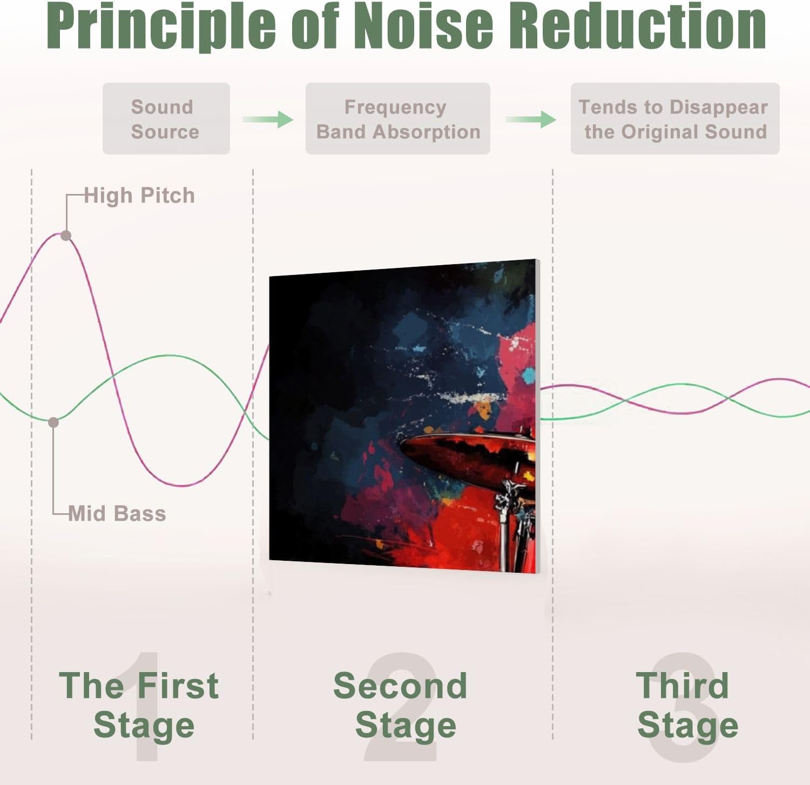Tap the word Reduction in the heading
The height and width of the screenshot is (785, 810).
pos(637,25)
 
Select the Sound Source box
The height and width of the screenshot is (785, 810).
pos(166,119)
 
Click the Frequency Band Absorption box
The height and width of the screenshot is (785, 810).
pos(398,119)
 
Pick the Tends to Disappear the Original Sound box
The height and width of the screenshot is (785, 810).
pos(675,119)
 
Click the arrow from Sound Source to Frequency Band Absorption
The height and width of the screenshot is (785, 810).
pos(268,119)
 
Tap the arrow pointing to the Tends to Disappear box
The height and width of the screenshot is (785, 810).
pos(531,119)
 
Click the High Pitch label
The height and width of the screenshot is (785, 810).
pos(139,196)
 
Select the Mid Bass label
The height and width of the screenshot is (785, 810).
pos(117,513)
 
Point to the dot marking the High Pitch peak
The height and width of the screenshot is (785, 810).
pos(66,236)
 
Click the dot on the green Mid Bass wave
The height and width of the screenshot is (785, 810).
pos(53,422)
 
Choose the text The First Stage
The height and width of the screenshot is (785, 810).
pos(139,705)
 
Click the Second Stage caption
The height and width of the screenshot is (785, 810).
pos(401,705)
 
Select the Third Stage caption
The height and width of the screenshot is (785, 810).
pos(687,705)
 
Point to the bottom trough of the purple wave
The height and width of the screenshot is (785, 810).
pos(184,485)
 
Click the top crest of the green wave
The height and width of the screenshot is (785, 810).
pos(168,356)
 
